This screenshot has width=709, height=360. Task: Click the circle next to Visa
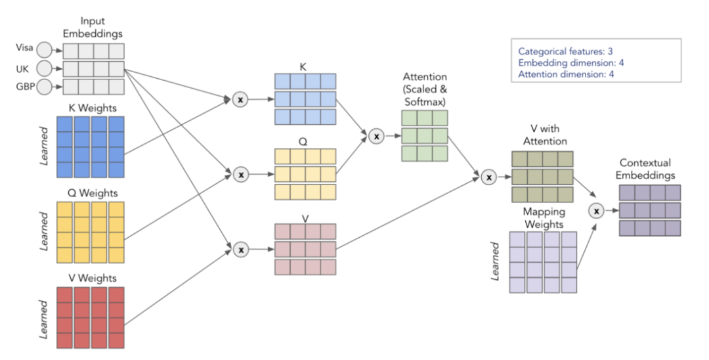click(x=45, y=50)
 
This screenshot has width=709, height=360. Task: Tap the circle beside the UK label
click(x=45, y=68)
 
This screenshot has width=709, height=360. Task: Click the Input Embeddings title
click(x=93, y=27)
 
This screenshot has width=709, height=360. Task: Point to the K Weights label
click(x=93, y=108)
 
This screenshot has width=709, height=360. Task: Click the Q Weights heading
click(x=93, y=193)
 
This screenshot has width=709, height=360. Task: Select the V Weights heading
click(x=93, y=278)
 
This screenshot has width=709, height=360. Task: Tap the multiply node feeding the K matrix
click(x=241, y=100)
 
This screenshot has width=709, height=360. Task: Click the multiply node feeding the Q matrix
click(x=241, y=175)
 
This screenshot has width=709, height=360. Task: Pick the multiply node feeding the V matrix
click(x=241, y=250)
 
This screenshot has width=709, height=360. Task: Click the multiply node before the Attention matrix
click(x=377, y=136)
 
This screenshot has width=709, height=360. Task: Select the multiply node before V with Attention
click(x=488, y=177)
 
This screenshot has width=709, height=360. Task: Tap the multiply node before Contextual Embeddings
click(x=596, y=211)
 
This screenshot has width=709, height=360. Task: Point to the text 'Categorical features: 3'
click(x=565, y=51)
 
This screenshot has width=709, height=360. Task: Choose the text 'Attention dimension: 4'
click(x=566, y=74)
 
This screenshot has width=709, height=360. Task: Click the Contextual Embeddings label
click(x=650, y=169)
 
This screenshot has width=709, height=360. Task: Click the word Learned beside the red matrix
click(x=44, y=319)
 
